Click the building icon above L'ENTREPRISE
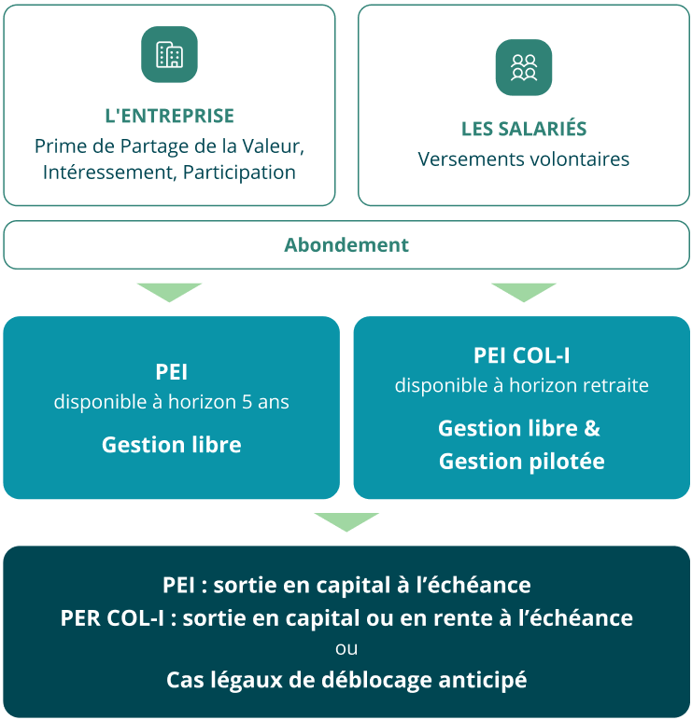(169, 55)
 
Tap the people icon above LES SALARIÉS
(523, 67)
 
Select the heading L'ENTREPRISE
(169, 117)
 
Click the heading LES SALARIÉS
(524, 129)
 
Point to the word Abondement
(346, 245)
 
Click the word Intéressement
(108, 173)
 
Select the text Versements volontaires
(524, 159)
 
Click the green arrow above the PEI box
(169, 292)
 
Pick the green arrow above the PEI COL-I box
(523, 292)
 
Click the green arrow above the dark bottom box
(346, 521)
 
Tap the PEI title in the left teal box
(171, 371)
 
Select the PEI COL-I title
(521, 355)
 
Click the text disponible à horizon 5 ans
(171, 403)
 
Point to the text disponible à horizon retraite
(521, 385)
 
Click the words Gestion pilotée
(521, 461)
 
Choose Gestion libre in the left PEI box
(171, 445)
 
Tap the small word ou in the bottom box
(346, 648)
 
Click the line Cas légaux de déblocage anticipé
(346, 680)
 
